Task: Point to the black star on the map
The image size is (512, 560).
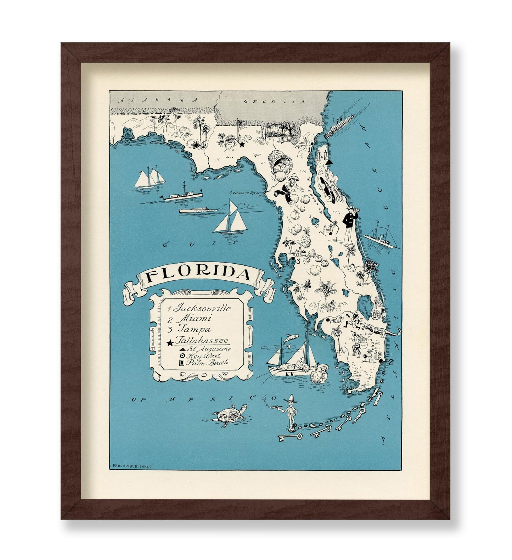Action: [242, 145]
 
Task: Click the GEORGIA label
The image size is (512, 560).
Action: [275, 102]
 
